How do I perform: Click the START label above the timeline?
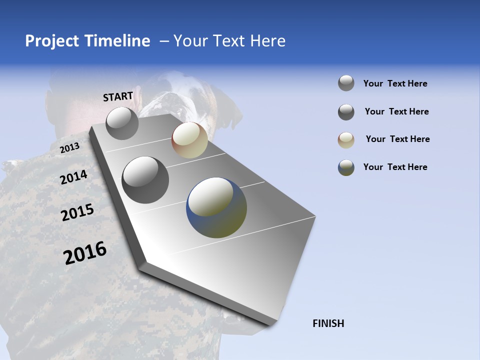118,96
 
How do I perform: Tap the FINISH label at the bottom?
328,323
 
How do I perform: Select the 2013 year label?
69,148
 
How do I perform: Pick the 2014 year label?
73,177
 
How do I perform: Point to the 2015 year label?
77,212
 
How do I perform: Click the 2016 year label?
85,252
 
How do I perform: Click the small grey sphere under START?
122,123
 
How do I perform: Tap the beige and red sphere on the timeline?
189,140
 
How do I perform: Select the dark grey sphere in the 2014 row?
145,180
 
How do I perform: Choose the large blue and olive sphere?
216,207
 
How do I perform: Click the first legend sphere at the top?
346,83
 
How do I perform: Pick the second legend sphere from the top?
346,112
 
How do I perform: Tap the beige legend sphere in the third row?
346,140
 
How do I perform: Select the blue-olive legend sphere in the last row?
346,167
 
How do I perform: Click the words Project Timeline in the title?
87,41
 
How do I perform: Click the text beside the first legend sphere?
395,83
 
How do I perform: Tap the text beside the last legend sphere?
395,167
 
